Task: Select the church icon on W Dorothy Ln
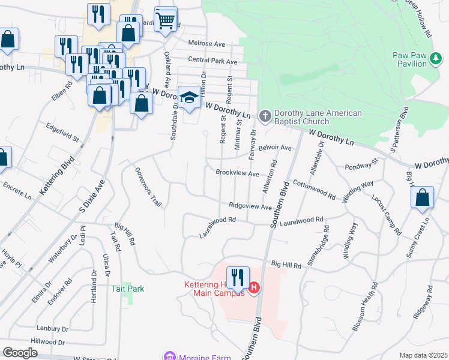264,115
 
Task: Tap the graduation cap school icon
189,98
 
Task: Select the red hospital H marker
253,289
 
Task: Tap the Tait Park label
128,289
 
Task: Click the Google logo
20,353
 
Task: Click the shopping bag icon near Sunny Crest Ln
423,198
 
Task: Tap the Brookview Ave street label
237,173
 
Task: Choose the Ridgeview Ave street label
250,206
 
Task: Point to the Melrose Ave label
206,44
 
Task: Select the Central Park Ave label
212,61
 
